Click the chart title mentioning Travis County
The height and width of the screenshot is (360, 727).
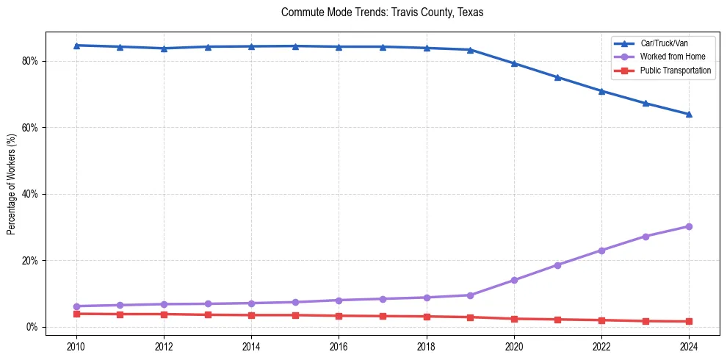(382, 12)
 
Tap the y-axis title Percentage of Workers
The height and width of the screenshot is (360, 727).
(12, 184)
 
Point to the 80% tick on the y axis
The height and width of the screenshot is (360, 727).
(30, 61)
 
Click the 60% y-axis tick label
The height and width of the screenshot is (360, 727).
(30, 128)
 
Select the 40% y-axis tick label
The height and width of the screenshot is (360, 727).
(30, 194)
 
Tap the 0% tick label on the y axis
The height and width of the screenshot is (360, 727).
(32, 327)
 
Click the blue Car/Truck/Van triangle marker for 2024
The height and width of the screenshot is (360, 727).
(689, 114)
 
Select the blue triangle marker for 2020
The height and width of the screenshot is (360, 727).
(514, 63)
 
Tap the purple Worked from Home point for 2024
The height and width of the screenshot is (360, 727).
(689, 226)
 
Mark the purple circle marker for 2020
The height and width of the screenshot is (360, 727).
(514, 280)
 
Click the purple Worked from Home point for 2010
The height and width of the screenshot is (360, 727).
(76, 306)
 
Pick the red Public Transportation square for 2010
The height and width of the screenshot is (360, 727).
(76, 314)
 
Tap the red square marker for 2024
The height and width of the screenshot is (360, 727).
(689, 321)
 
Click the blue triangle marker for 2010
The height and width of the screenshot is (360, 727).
(76, 46)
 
